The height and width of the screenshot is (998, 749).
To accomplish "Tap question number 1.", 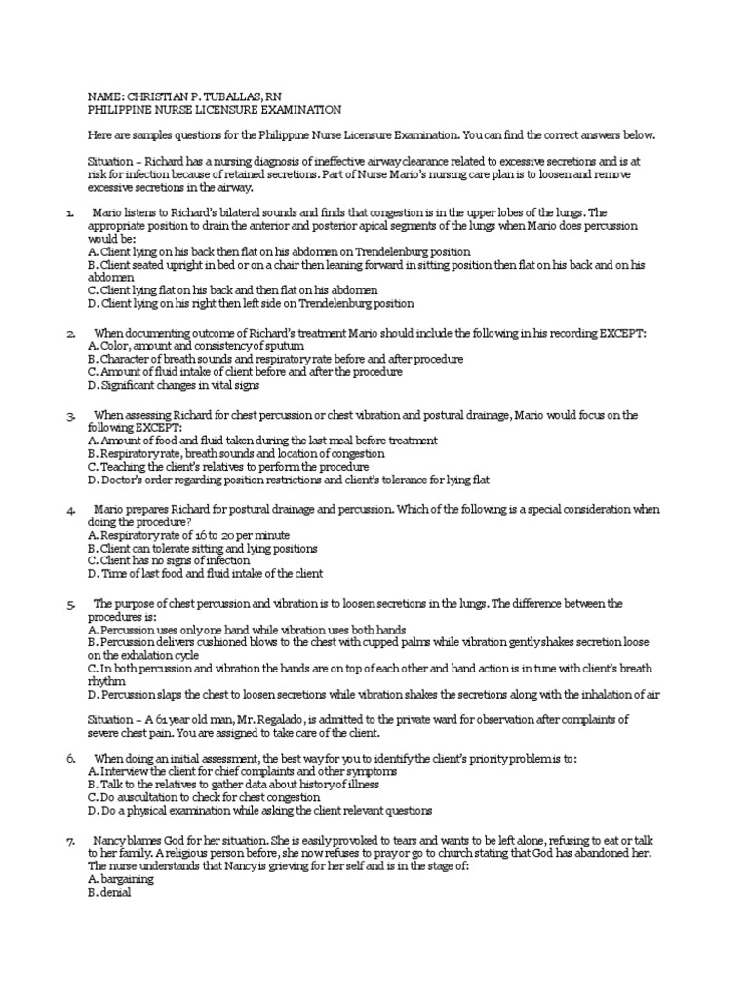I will [x=70, y=212].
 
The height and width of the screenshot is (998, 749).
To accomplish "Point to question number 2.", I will [x=70, y=334].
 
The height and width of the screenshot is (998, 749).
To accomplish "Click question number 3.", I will [x=70, y=416].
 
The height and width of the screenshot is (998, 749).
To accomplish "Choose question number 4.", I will [x=70, y=510].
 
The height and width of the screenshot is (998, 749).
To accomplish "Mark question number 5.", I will [x=70, y=605].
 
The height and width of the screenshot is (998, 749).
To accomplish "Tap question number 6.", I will [x=70, y=758].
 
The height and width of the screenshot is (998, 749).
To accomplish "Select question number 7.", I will [x=70, y=840].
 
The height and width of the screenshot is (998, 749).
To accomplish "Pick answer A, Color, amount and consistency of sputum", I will [x=195, y=346].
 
